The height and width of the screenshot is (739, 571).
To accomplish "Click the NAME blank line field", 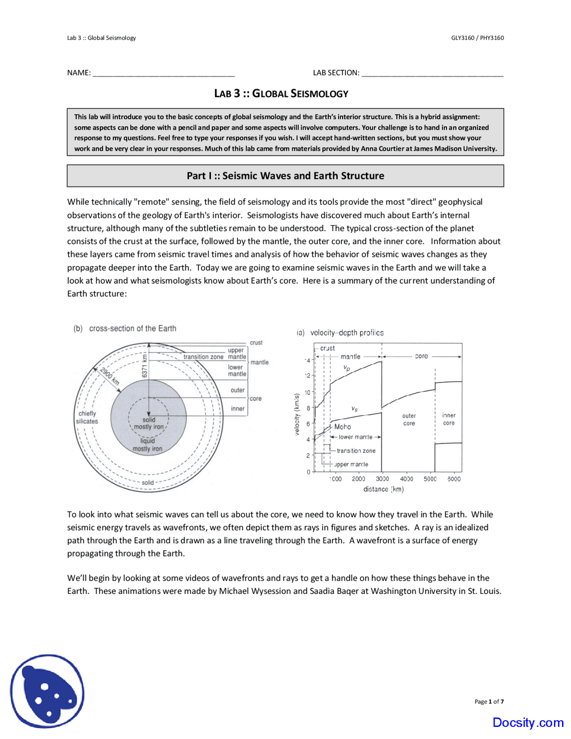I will click(163, 74).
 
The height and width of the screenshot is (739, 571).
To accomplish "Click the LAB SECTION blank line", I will click(432, 74).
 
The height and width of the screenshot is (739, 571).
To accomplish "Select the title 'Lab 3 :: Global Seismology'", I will click(281, 94).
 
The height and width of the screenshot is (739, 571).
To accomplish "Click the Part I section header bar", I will click(285, 176).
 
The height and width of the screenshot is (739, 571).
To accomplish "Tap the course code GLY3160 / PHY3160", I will click(477, 38).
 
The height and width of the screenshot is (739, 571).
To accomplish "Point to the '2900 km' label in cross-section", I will click(109, 376).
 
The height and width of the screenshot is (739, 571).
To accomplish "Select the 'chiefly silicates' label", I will click(87, 417).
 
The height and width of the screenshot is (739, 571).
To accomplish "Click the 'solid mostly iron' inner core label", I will click(149, 423).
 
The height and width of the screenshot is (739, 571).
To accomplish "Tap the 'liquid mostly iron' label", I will click(148, 445).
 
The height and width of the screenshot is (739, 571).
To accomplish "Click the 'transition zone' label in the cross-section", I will click(203, 357).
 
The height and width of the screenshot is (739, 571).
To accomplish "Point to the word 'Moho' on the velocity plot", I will click(343, 427).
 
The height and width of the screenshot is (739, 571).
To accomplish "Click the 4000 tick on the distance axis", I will click(406, 479).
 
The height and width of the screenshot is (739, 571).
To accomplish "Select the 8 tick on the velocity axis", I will click(308, 408).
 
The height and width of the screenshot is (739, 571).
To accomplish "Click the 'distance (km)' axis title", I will click(383, 489).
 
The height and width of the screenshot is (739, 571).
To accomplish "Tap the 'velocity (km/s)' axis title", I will click(297, 414).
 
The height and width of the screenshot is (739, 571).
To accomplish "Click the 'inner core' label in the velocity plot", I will click(449, 419).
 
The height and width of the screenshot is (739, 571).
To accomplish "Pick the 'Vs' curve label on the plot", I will click(354, 409).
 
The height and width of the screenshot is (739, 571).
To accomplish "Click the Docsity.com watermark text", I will click(528, 722).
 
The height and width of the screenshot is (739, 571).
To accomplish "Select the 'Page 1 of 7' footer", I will click(489, 702).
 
